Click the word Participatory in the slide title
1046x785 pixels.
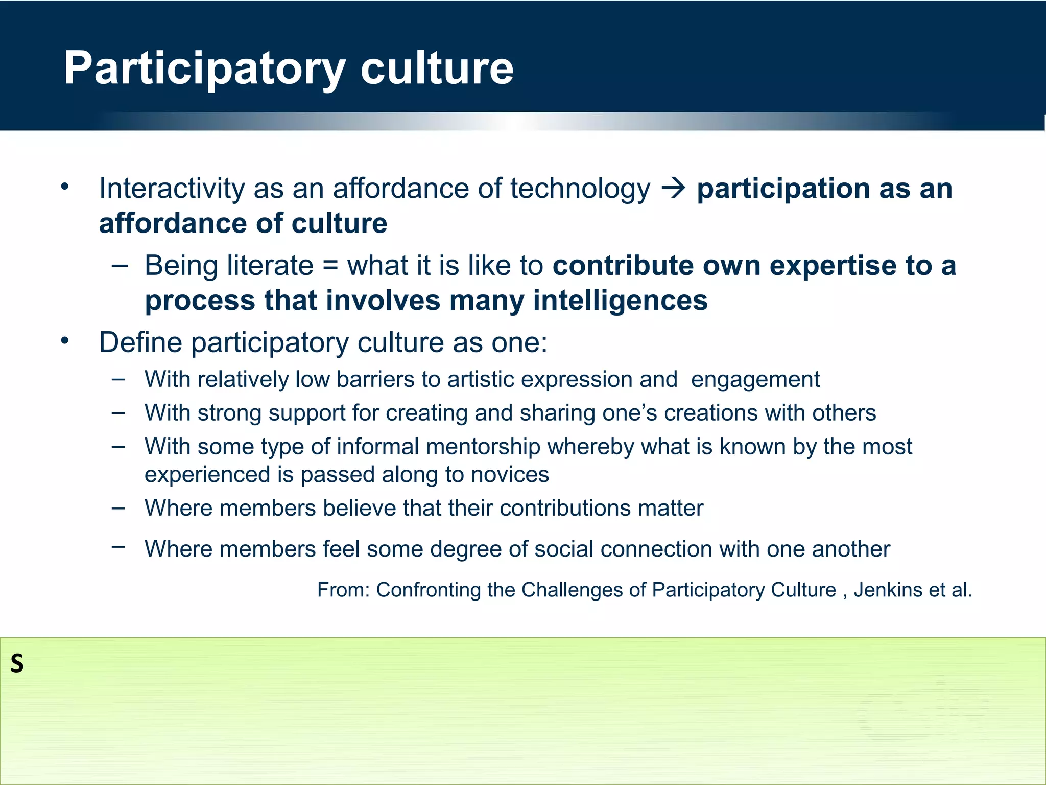[x=204, y=68]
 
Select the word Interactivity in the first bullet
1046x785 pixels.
[x=172, y=188]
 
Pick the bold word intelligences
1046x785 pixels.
[x=620, y=300]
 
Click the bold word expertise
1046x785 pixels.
[x=833, y=266]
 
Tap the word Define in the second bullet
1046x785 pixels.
[x=140, y=342]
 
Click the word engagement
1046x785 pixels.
[x=755, y=380]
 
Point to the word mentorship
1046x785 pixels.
[x=483, y=447]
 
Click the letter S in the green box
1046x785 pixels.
[x=17, y=664]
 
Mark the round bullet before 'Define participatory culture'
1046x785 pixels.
[x=64, y=341]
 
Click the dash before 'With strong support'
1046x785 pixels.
[x=118, y=412]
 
